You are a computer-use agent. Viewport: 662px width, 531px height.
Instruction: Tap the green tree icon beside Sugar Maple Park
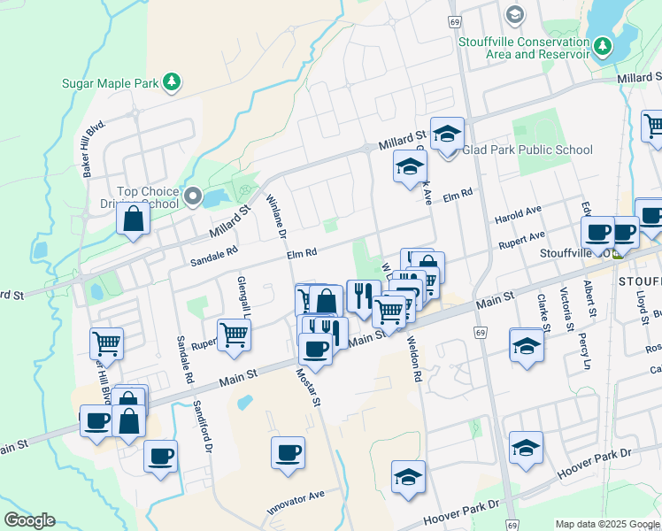172,82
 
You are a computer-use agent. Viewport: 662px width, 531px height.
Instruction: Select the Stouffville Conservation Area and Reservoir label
524,48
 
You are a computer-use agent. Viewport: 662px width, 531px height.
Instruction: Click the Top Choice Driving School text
148,197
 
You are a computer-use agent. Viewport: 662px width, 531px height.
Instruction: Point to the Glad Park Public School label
527,150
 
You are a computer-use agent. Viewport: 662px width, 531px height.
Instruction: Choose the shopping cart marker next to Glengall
234,335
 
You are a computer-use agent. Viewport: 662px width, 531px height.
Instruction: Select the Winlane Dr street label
274,217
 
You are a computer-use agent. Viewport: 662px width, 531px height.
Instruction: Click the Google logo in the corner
29,520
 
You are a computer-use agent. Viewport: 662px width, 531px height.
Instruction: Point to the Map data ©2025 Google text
606,524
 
